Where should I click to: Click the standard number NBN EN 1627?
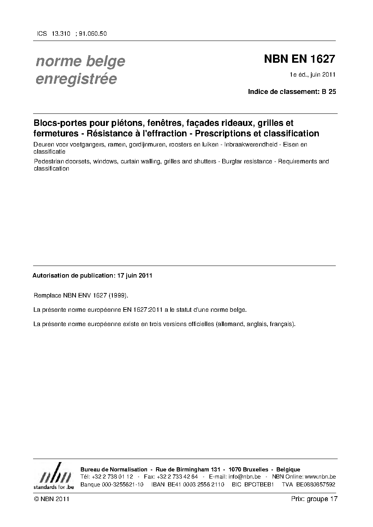[x=299, y=59]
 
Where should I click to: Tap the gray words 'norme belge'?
[x=80, y=61]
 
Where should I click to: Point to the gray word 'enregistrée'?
[x=76, y=79]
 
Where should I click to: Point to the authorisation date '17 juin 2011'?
[x=135, y=275]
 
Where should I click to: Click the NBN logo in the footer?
[x=53, y=476]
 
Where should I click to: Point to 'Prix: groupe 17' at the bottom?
[x=314, y=499]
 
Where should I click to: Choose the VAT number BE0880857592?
[x=315, y=485]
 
